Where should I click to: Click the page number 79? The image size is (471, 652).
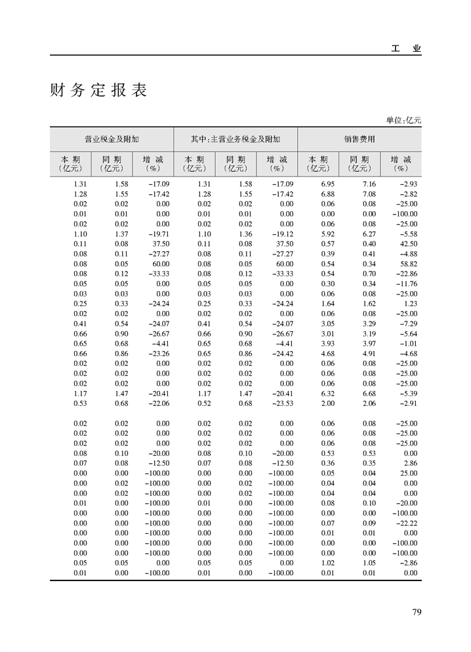(x=416, y=612)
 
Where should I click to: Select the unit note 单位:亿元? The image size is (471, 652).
(x=403, y=120)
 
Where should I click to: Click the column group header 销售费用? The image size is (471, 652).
(x=359, y=139)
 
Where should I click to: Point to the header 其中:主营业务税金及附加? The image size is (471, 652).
(x=235, y=139)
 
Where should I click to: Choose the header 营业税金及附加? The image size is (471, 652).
(x=112, y=139)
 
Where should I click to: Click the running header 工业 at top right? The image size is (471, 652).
(x=406, y=49)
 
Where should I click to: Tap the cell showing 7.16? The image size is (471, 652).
(x=369, y=184)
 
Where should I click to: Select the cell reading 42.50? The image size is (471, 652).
(x=409, y=243)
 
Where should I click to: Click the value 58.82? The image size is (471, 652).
(x=409, y=264)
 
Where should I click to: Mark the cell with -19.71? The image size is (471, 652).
(x=157, y=234)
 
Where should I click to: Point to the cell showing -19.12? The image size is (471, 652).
(x=281, y=234)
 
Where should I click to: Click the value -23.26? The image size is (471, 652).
(x=157, y=354)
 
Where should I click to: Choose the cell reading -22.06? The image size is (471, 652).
(x=157, y=403)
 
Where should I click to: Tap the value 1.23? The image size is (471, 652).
(x=411, y=304)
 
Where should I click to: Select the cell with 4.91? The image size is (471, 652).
(x=369, y=354)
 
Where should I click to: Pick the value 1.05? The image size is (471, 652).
(x=369, y=563)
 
